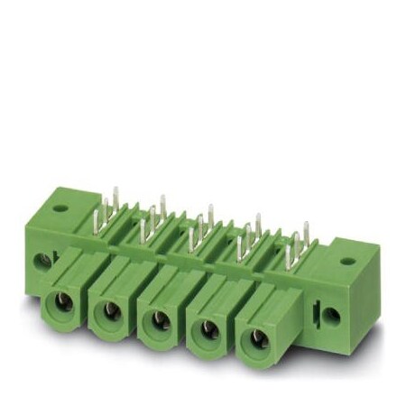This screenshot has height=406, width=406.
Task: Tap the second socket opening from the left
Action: point(111,312)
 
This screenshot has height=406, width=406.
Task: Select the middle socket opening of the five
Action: point(159,319)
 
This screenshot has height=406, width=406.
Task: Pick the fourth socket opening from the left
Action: point(207,328)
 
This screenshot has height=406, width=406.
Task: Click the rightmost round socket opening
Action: point(256,337)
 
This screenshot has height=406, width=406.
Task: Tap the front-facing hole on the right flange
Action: point(331,317)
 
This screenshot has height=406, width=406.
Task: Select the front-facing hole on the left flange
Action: point(39,263)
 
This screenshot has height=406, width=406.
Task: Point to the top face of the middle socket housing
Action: point(171,281)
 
